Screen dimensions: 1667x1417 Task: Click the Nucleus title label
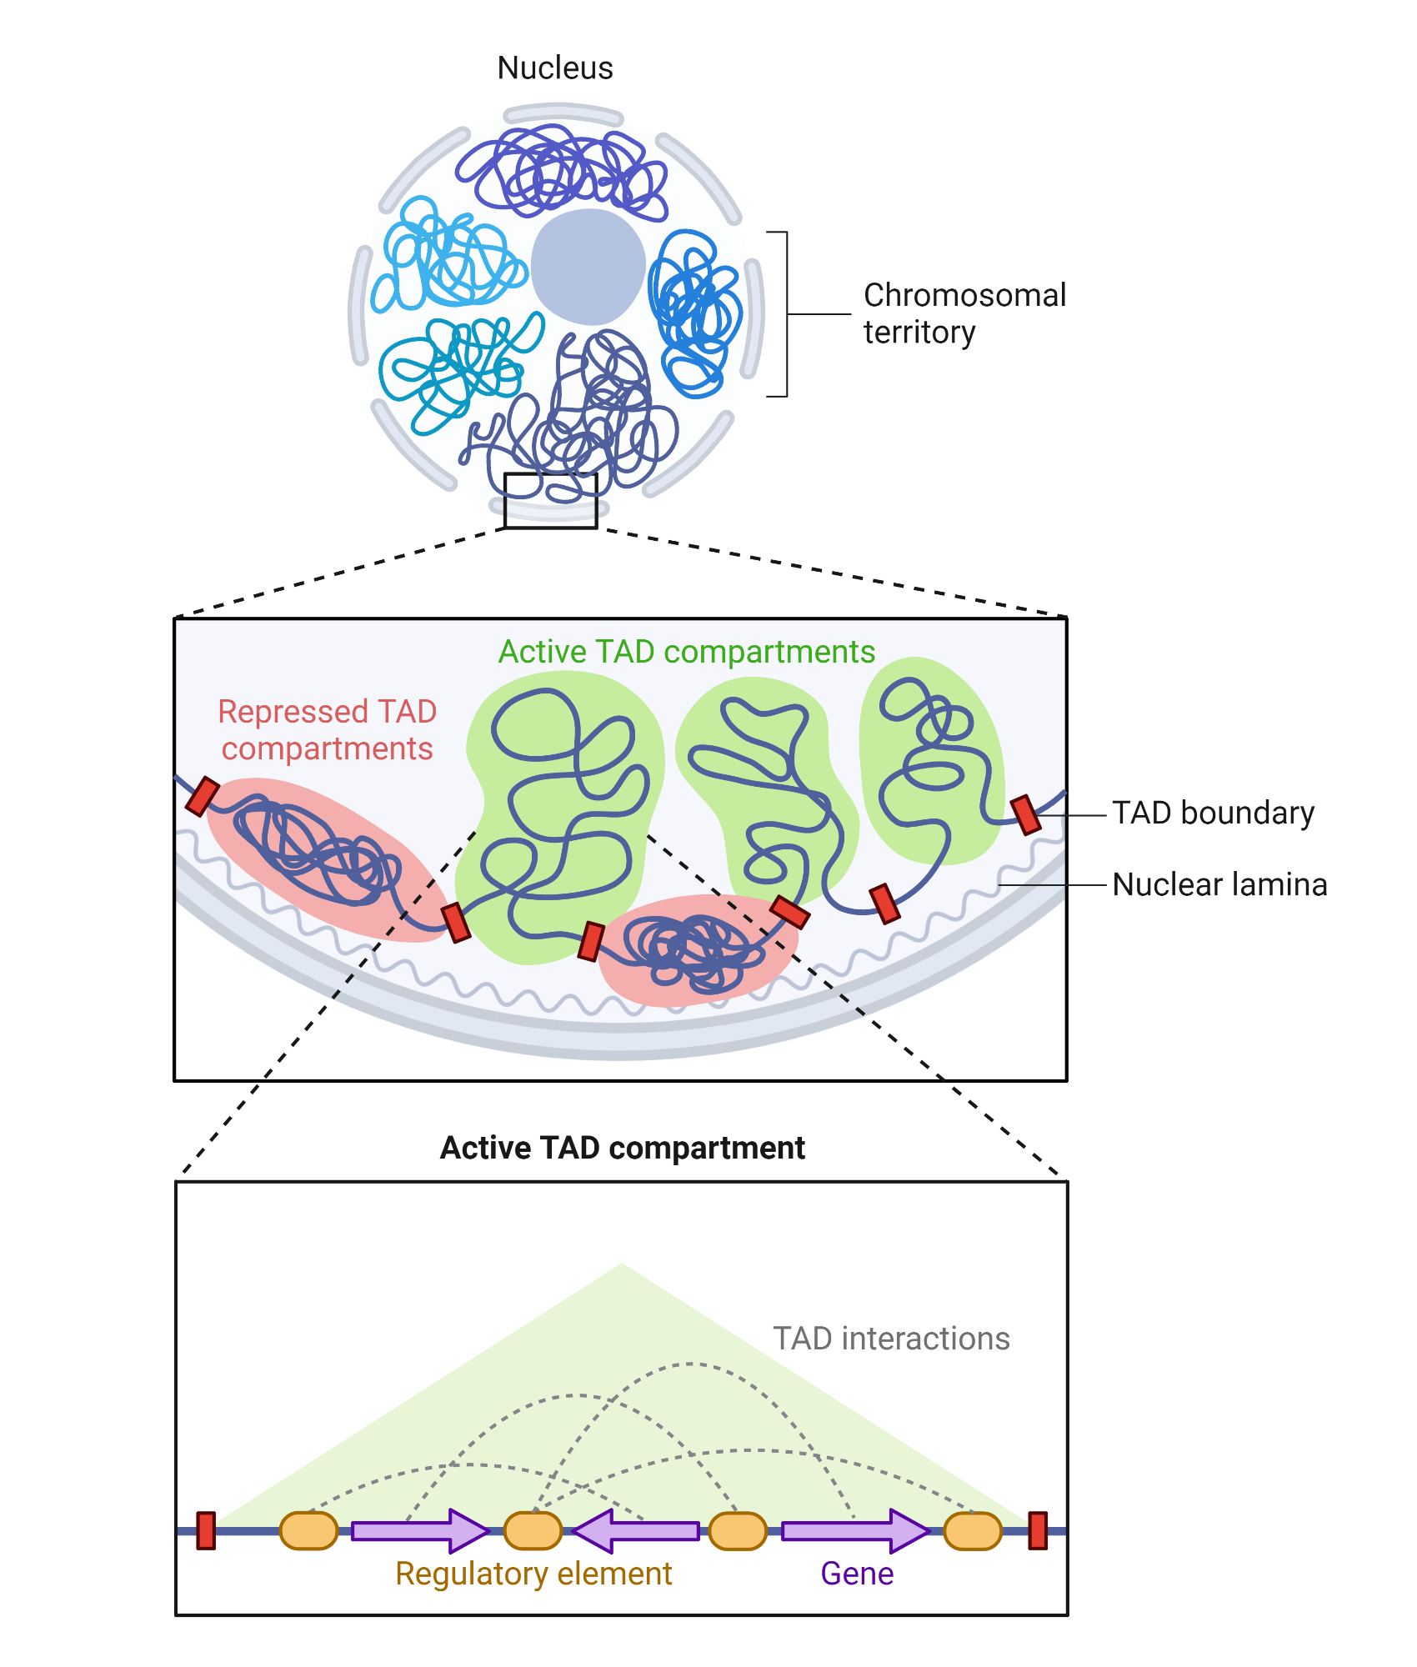tap(555, 68)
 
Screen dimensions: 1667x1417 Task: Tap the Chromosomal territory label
tap(964, 313)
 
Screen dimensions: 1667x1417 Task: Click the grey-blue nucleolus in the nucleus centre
tap(588, 267)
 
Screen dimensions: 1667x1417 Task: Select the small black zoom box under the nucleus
tap(551, 500)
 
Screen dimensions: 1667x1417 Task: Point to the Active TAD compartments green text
tap(686, 652)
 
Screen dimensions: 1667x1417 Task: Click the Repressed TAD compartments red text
tap(327, 730)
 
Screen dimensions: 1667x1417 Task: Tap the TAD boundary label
tap(1213, 813)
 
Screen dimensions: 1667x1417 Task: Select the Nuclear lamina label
tap(1219, 884)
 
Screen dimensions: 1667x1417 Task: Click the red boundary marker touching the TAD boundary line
tap(1025, 814)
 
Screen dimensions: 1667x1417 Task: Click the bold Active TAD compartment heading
tap(622, 1148)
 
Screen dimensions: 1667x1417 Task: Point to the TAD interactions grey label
tap(891, 1339)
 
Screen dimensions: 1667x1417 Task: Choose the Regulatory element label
tap(533, 1574)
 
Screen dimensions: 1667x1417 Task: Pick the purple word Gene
tap(857, 1574)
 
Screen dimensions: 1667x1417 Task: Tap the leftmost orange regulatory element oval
tap(308, 1531)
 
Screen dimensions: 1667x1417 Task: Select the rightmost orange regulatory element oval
tap(972, 1531)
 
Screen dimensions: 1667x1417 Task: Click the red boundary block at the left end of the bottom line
tap(206, 1531)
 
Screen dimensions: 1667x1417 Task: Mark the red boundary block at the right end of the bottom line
tap(1038, 1531)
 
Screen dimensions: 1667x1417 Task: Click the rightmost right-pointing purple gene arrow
tap(854, 1531)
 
